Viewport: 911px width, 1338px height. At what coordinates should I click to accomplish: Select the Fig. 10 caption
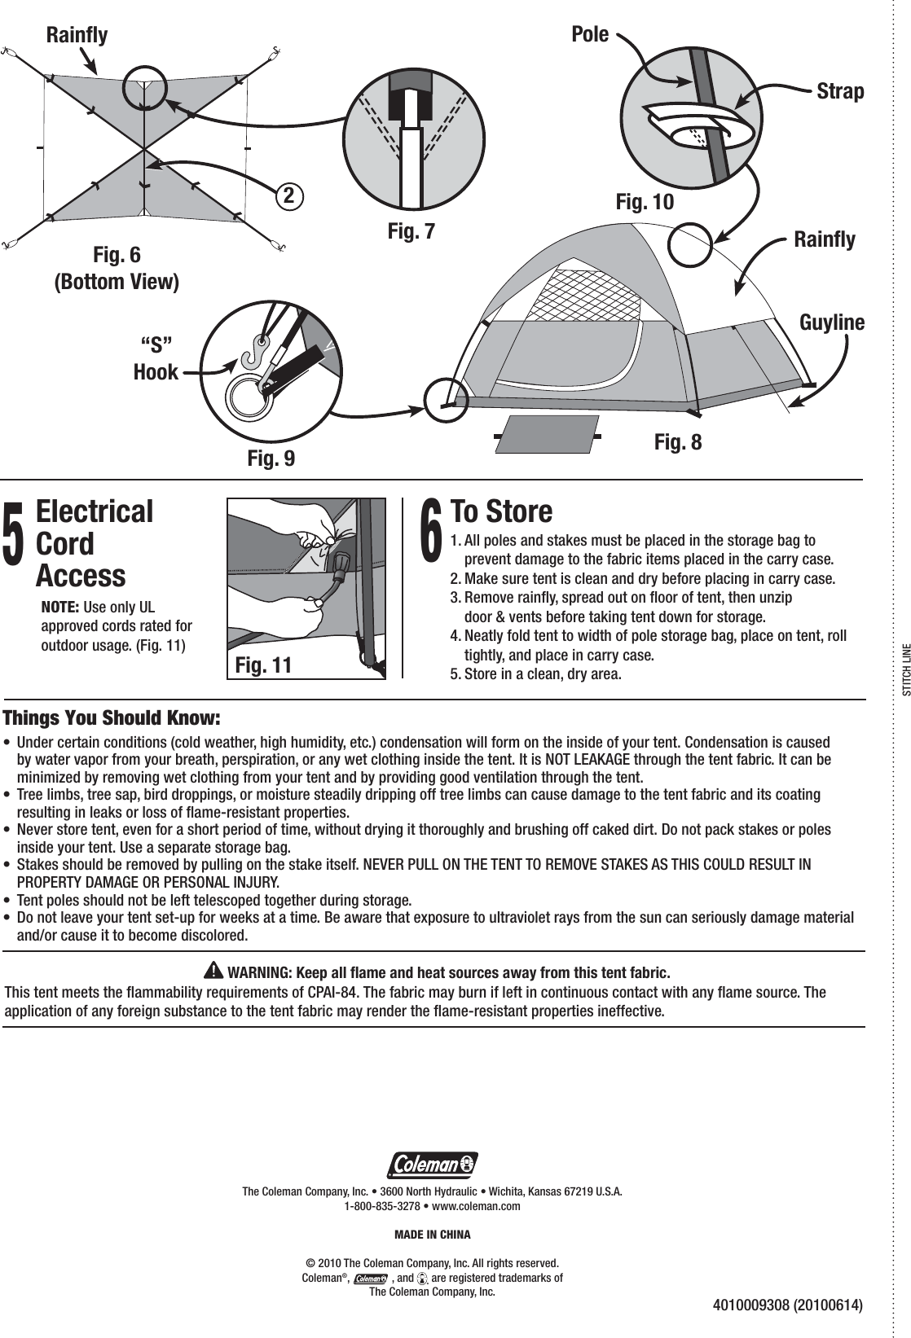click(x=645, y=201)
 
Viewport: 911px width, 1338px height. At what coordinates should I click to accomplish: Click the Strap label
click(x=840, y=91)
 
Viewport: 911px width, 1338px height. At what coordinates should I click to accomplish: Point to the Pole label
click(x=590, y=35)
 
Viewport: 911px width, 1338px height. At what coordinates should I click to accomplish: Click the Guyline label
click(x=832, y=322)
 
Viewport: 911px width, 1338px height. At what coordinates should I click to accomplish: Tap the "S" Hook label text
click(x=156, y=356)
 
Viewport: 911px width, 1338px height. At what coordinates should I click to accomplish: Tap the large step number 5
click(x=15, y=533)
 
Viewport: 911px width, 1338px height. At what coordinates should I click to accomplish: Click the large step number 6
click(x=430, y=532)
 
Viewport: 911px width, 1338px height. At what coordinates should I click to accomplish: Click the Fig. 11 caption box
click(x=262, y=665)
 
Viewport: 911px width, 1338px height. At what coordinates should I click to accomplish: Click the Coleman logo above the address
click(x=432, y=1165)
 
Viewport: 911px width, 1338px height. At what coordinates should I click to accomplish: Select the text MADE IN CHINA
click(x=432, y=1235)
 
